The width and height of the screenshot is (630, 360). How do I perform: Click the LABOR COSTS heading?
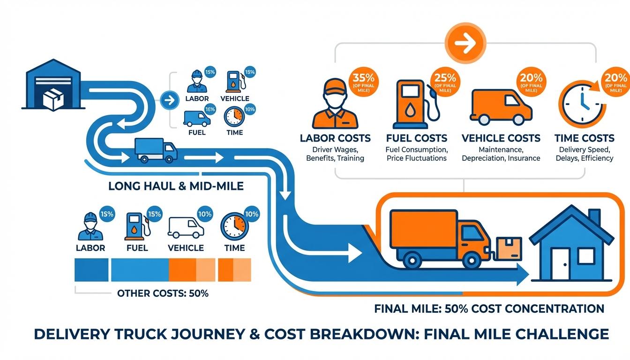(335, 138)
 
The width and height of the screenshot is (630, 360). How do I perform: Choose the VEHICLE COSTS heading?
(501, 138)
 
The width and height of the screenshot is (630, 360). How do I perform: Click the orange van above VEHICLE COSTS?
(501, 106)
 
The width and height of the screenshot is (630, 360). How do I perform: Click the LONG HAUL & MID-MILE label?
(176, 186)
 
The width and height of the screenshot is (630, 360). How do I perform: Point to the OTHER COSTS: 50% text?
(163, 294)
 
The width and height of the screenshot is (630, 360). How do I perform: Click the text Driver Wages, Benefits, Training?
(335, 154)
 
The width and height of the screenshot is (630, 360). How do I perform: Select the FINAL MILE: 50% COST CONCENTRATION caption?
(489, 309)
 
